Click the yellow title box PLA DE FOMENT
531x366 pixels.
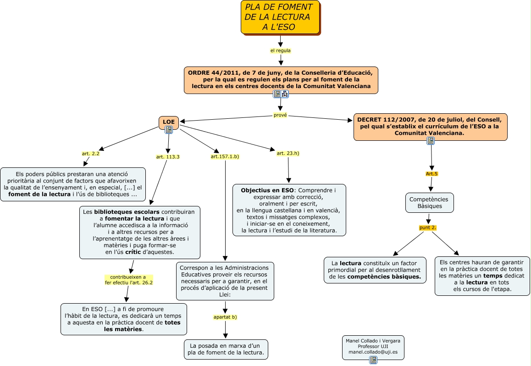[280, 17]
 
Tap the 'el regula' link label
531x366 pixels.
[280, 50]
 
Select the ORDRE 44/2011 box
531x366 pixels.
[281, 79]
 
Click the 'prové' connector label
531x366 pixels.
[280, 115]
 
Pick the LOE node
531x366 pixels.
[169, 122]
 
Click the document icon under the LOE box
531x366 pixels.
[169, 130]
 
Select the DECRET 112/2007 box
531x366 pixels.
[430, 126]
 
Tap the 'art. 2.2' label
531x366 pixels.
[91, 154]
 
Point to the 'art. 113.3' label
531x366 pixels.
[168, 157]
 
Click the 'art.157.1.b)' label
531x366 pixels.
[225, 157]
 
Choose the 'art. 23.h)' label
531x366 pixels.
[288, 153]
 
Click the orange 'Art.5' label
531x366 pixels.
[431, 174]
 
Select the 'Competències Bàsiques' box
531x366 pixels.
[429, 203]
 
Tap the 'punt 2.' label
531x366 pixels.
[428, 227]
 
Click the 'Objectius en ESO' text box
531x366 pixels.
[289, 210]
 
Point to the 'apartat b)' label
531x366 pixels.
[225, 317]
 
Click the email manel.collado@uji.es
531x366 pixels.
[373, 352]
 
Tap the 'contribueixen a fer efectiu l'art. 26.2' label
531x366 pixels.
[128, 280]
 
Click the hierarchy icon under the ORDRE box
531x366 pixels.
[285, 94]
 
